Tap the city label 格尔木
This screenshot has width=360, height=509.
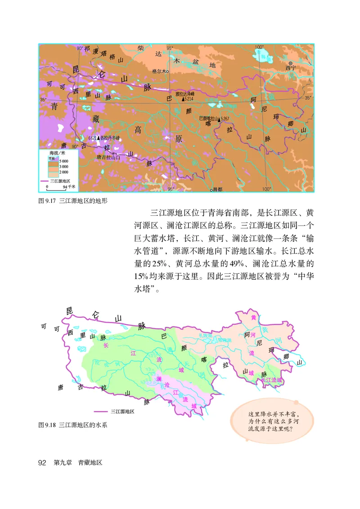[159, 71]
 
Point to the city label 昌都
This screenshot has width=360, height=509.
[217, 190]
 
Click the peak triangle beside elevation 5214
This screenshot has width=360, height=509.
[183, 98]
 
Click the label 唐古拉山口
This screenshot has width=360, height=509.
[108, 158]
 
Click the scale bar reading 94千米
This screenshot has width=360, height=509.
[67, 186]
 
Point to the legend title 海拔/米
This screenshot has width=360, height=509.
[58, 153]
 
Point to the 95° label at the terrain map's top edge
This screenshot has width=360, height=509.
[170, 48]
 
